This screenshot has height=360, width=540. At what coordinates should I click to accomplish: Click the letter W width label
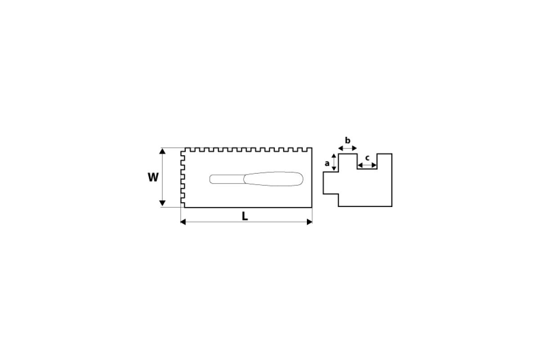point(153,177)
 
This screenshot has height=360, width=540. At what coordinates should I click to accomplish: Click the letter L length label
point(245,216)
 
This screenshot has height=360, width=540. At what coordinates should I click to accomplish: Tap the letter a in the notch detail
point(327,163)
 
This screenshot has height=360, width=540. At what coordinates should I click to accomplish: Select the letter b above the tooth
point(347,140)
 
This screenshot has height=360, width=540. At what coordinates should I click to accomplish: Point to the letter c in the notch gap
point(367,158)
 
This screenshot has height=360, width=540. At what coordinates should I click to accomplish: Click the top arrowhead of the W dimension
point(162,151)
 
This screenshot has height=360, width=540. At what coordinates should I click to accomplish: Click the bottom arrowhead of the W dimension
point(162,203)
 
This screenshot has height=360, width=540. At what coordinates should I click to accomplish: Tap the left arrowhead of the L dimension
point(183,222)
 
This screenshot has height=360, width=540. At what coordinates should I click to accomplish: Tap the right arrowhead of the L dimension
point(310,222)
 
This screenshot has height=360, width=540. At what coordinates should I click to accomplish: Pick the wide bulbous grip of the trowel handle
point(274,179)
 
